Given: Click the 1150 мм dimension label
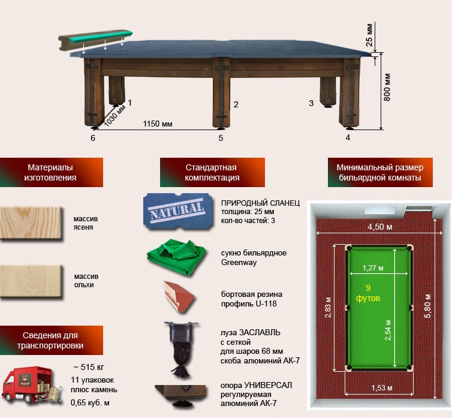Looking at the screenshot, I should pos(158,124).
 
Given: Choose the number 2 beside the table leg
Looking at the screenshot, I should pos(236,105).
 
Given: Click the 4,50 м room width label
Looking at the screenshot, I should pos(377,227).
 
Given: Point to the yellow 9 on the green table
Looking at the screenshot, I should pos(368,288).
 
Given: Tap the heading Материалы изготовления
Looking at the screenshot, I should pos(50,172).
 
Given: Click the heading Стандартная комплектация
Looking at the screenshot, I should pos(212,172).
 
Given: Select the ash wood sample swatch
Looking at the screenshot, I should pos(31,222).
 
